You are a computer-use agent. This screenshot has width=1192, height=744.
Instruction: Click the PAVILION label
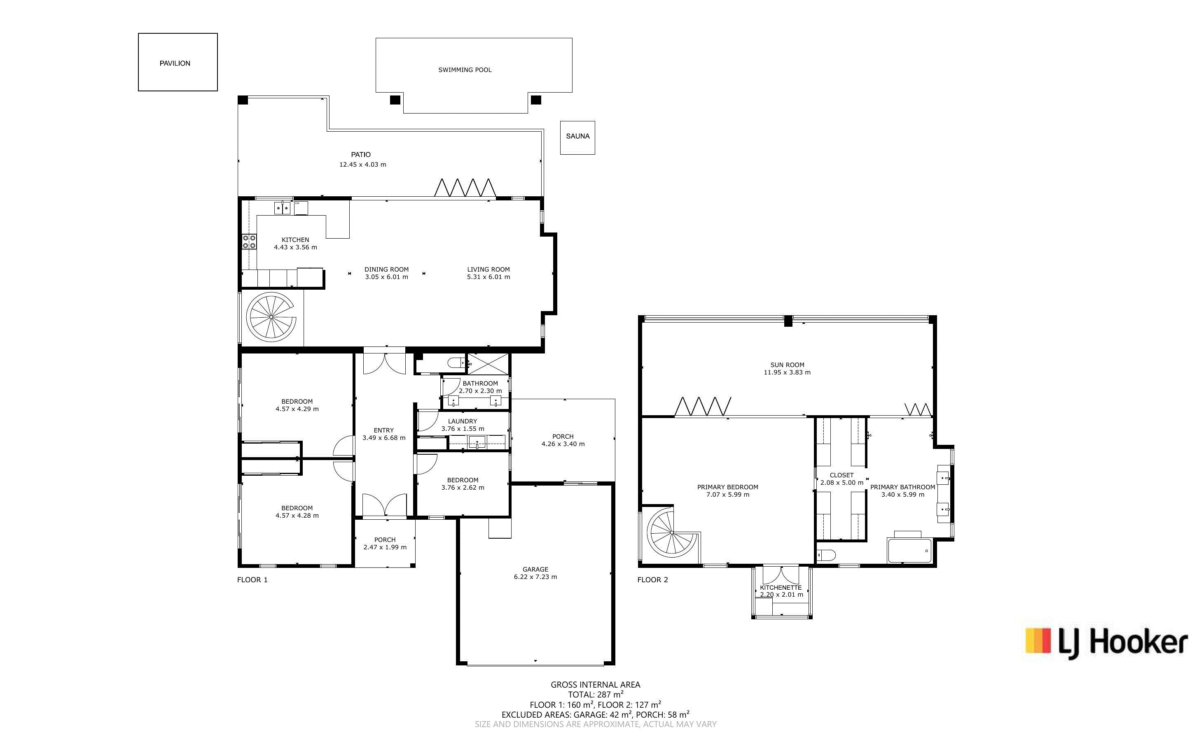175,63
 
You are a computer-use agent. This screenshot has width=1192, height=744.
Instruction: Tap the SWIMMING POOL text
465,70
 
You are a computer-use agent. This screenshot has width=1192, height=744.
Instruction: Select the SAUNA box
577,138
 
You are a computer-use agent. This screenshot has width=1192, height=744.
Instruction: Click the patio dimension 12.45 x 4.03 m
362,164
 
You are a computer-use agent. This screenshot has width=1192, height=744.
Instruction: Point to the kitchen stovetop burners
249,242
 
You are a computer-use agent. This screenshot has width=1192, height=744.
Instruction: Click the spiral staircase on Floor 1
271,317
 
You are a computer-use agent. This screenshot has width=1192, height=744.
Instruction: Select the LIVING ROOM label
488,269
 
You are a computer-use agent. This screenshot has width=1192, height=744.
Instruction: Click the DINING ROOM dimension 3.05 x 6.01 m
386,277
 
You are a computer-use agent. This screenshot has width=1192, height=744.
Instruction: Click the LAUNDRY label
462,421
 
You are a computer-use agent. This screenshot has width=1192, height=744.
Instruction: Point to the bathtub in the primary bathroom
909,550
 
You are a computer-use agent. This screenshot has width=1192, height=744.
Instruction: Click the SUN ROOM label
787,365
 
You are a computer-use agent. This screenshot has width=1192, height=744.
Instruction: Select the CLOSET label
841,475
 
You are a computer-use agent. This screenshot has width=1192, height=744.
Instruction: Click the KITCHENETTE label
781,588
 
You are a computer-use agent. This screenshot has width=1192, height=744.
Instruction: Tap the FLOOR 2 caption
653,580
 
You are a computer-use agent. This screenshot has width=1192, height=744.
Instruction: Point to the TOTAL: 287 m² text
596,694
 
